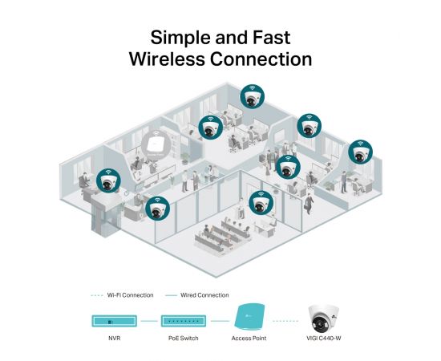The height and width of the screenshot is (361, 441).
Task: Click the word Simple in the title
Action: [x=181, y=39]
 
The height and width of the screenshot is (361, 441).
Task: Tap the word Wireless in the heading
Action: [x=167, y=59]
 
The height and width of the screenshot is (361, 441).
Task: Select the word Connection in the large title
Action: [x=261, y=59]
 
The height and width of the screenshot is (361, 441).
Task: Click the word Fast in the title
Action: [x=271, y=37]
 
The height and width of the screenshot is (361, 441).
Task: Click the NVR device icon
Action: [x=114, y=321]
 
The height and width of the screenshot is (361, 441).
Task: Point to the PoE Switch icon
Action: [x=184, y=321]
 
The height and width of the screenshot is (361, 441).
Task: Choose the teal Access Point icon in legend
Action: [x=249, y=317]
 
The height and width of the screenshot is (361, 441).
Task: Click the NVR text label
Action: [x=114, y=338]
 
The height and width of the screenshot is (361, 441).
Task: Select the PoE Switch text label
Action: [x=184, y=338]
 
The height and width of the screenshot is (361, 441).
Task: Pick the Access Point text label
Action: [x=249, y=338]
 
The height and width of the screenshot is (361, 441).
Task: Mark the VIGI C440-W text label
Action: [x=324, y=338]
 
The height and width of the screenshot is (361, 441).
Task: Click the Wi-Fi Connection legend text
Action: [x=130, y=295]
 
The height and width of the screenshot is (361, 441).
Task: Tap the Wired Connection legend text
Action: [x=204, y=295]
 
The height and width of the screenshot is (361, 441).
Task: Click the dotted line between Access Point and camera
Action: [x=285, y=321]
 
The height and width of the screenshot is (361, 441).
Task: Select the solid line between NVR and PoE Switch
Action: [x=149, y=321]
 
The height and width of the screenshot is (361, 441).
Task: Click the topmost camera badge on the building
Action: [x=253, y=96]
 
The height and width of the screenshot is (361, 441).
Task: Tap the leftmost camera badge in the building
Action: [x=108, y=180]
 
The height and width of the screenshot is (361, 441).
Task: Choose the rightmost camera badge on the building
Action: [x=360, y=152]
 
